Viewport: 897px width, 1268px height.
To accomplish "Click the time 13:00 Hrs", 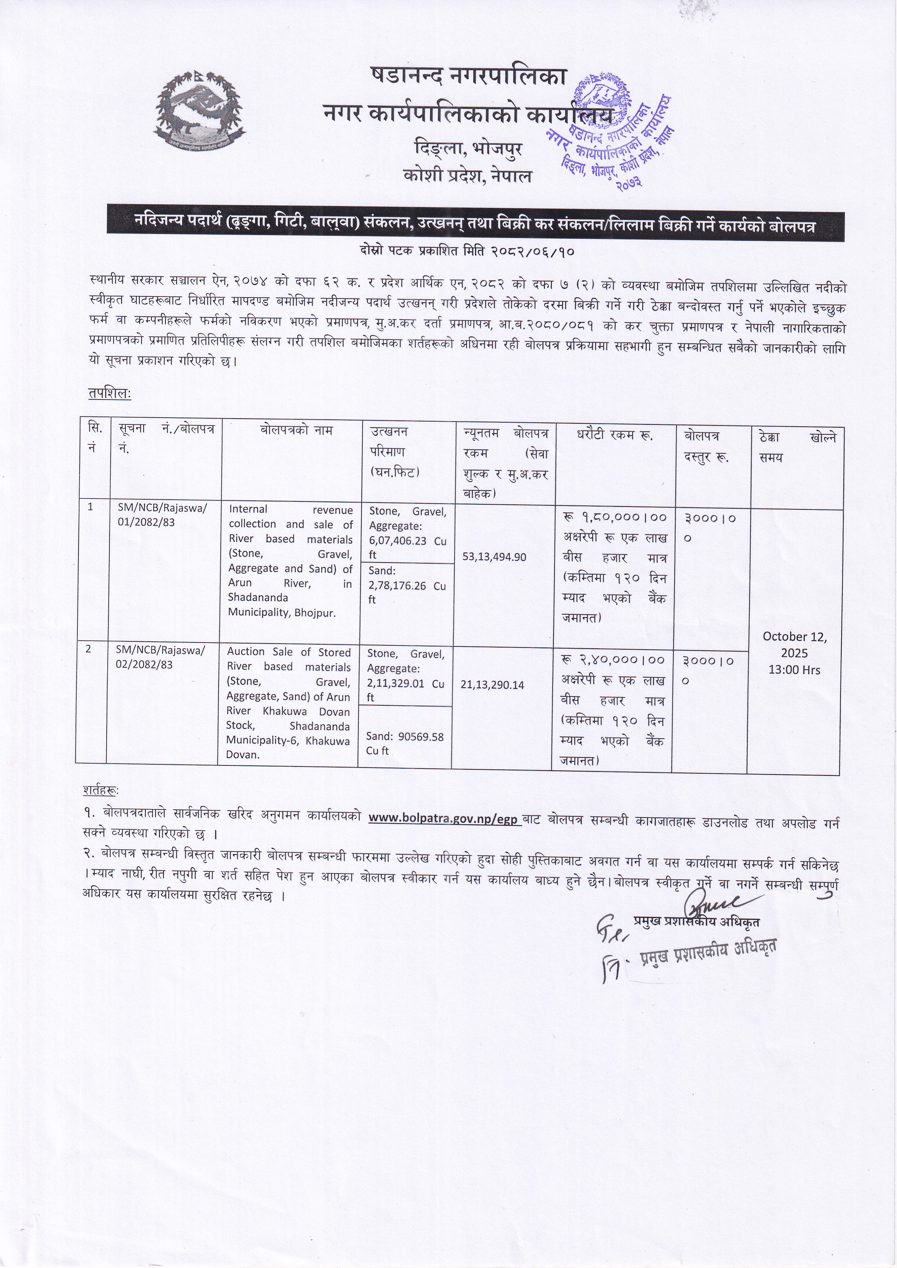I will coord(794,670).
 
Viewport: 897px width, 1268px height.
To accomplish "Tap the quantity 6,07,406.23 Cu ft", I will coord(407,541).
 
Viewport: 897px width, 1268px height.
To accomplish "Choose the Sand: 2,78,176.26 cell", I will coord(407,585).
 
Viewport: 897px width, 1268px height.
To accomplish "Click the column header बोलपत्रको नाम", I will coord(296,430).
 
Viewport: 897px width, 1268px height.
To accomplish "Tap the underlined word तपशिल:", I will coord(109,394).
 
